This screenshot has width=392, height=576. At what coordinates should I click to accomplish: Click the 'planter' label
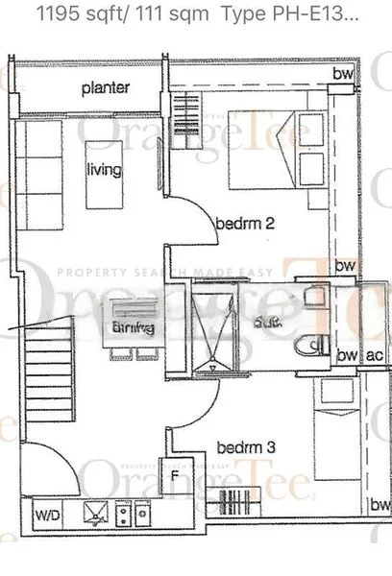pos(106,88)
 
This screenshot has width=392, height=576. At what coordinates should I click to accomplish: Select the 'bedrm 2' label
pos(245,224)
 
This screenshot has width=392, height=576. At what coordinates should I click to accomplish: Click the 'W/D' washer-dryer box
pos(46,516)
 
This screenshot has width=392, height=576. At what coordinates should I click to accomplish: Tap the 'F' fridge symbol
pos(176,474)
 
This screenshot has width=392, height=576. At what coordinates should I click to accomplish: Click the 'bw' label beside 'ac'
pos(347,355)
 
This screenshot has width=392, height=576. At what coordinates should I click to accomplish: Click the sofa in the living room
pos(40,168)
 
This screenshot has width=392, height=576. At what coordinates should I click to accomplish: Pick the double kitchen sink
pos(132,516)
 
